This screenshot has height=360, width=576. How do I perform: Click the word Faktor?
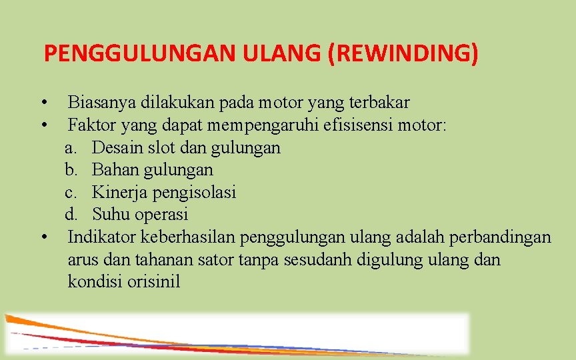tap(88, 125)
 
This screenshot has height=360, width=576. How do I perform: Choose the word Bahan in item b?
tap(113, 170)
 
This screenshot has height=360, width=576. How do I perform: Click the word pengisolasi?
tap(194, 193)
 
